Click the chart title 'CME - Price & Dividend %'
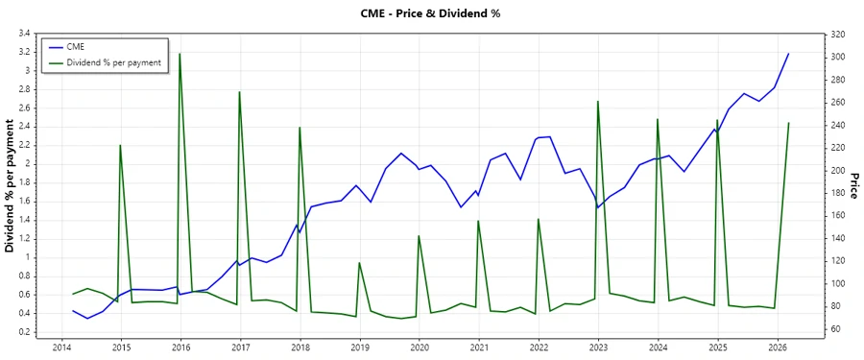click(431, 13)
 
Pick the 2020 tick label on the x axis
click(420, 347)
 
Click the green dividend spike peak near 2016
click(180, 54)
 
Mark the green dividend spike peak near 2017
click(239, 92)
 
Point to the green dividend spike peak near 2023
click(598, 101)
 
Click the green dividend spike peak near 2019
click(359, 263)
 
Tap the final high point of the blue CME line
click(788, 54)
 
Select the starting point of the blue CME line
click(73, 310)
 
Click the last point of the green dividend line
click(788, 123)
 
